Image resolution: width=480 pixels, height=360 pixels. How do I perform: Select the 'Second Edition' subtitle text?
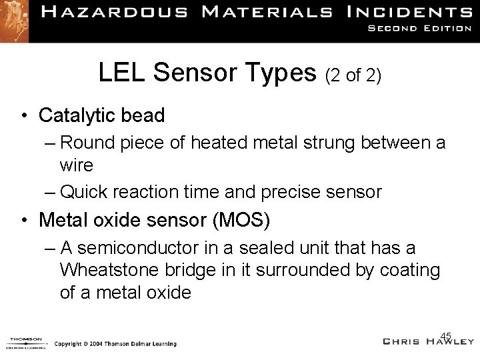(x=423, y=29)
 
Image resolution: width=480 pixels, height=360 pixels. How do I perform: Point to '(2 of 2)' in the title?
(x=353, y=76)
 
